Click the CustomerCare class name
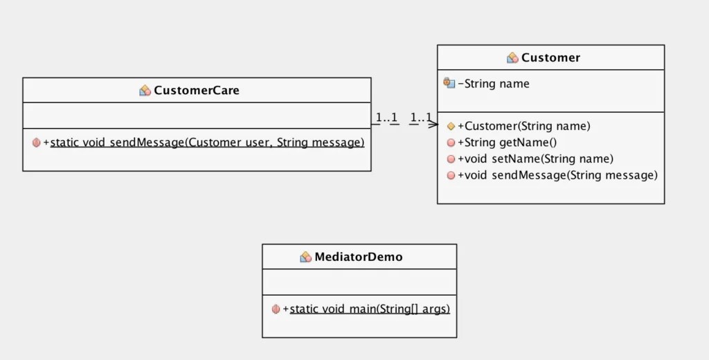point(197,90)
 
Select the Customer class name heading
point(550,57)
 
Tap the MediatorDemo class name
point(359,257)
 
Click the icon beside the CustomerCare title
point(145,90)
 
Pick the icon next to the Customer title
point(512,57)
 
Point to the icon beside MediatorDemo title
point(305,257)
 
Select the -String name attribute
point(494,84)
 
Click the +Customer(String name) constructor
point(524,126)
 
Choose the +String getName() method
point(507,143)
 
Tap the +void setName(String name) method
point(535,159)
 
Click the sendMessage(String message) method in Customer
point(557,175)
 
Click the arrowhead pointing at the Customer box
point(433,125)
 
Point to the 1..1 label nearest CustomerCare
point(386,118)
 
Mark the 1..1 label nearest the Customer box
point(420,118)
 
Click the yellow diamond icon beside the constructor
point(451,126)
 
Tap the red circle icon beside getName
point(451,143)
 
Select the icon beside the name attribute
point(449,83)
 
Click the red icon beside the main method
point(276,309)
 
